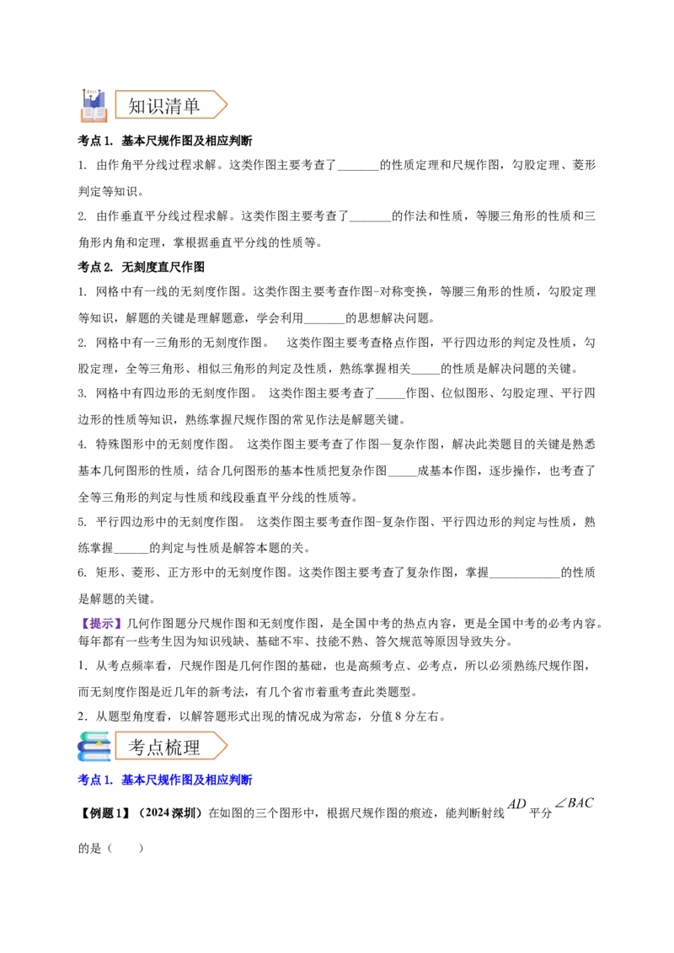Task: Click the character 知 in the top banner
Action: (x=137, y=106)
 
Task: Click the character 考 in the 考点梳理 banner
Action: (x=137, y=747)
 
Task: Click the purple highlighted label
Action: (x=101, y=623)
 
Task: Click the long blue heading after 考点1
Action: (x=187, y=780)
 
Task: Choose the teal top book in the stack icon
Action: (x=95, y=735)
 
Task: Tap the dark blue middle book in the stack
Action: (x=92, y=746)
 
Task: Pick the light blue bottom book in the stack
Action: (x=94, y=758)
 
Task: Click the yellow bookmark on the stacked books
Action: (x=99, y=744)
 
